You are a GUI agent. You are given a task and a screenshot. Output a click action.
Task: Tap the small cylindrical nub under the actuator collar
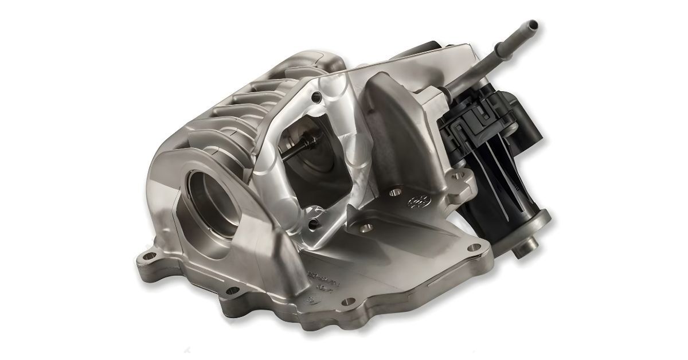(523, 251)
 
